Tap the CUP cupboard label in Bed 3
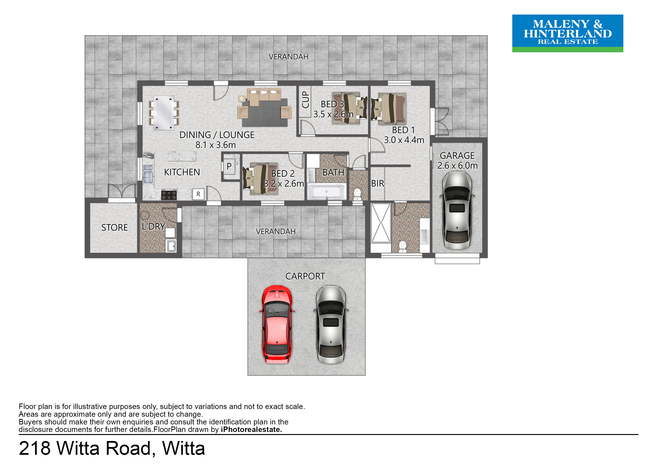[x=305, y=100]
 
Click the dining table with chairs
[x=164, y=113]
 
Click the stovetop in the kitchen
[x=169, y=195]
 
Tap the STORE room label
[x=115, y=228]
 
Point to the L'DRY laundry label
[x=153, y=227]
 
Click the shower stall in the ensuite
[x=381, y=223]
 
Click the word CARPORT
[x=305, y=276]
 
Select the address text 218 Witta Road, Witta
[x=112, y=448]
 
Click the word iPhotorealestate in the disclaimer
[x=251, y=430]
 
